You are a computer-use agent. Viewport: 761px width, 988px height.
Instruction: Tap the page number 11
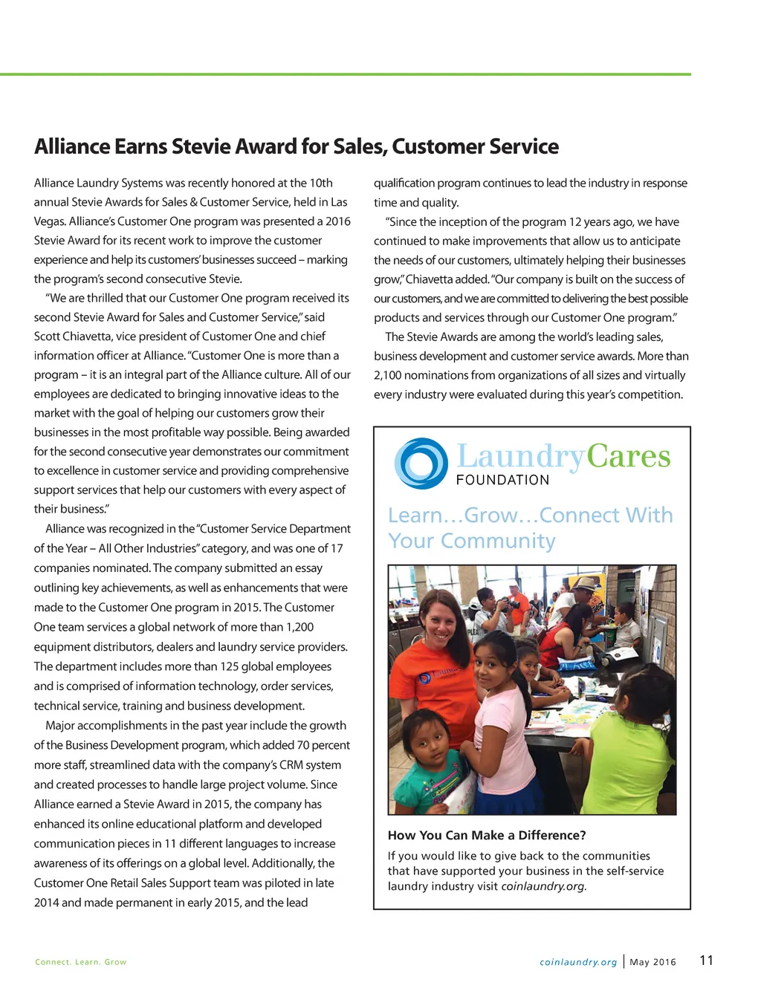pos(706,960)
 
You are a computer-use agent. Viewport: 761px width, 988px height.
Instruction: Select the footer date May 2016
pos(652,962)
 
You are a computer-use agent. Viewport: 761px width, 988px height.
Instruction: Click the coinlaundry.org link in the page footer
pos(578,962)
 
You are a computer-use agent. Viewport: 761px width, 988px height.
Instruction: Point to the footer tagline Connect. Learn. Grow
pos(80,962)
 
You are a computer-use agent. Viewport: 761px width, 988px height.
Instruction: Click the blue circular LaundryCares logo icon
pos(421,464)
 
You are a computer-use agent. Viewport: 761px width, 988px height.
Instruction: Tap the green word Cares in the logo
pos(628,456)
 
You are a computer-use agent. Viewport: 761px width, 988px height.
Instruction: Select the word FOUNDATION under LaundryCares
pos(502,480)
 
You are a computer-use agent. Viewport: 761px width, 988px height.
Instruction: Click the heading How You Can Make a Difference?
pos(487,835)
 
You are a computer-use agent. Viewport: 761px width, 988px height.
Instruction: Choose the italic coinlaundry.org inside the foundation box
pos(543,886)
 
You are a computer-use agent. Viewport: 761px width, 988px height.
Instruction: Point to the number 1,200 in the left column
pos(299,627)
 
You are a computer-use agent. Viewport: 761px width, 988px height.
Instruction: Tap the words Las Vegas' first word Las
pos(339,202)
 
